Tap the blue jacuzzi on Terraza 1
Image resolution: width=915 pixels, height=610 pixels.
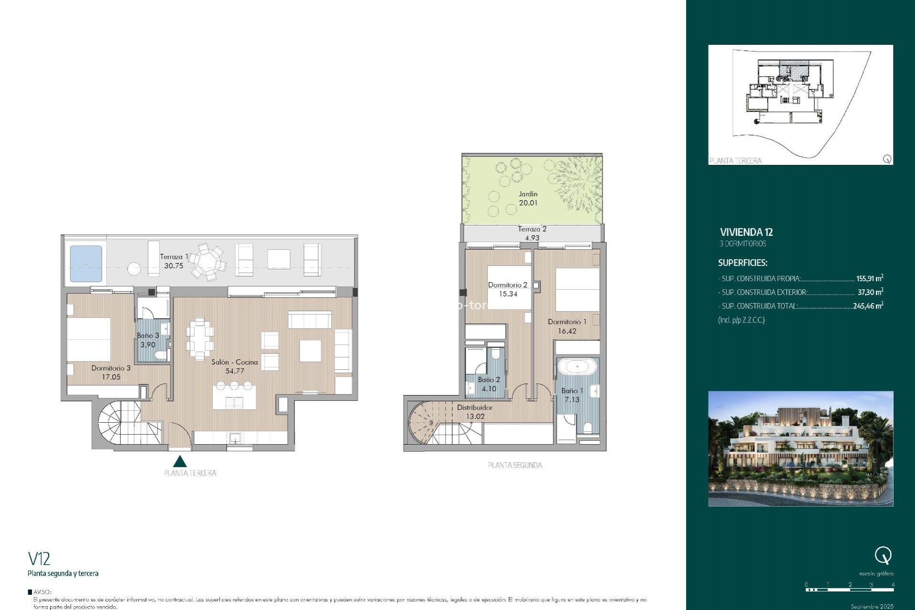click(x=86, y=264)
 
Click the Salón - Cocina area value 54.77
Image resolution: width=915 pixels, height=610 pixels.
click(x=234, y=371)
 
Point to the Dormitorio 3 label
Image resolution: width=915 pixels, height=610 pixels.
click(x=111, y=368)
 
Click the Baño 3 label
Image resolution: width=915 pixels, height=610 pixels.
click(x=148, y=335)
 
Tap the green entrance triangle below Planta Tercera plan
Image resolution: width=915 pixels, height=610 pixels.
click(x=180, y=461)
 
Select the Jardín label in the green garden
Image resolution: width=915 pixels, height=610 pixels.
click(x=528, y=194)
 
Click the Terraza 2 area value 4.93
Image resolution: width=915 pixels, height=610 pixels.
click(x=532, y=238)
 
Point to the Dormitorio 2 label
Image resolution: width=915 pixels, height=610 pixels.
click(x=508, y=285)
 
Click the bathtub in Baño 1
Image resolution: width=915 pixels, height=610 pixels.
click(x=577, y=367)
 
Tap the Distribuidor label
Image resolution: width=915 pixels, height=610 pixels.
click(x=475, y=407)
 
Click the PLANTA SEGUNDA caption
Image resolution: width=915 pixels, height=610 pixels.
click(x=515, y=465)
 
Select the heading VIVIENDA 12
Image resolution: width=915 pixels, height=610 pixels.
click(x=746, y=233)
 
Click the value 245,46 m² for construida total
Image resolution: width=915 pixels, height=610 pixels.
click(x=868, y=306)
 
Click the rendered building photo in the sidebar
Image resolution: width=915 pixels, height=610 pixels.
click(x=801, y=448)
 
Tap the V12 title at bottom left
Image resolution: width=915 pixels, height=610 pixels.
click(x=39, y=559)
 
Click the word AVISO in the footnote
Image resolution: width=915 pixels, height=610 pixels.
click(x=42, y=592)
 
